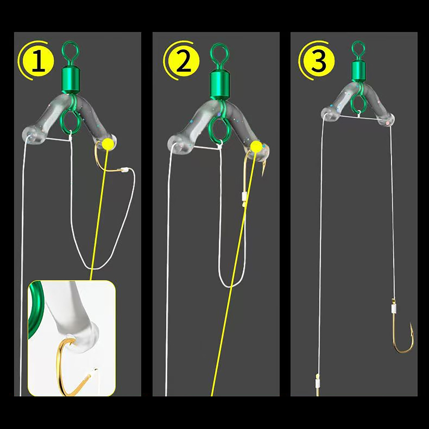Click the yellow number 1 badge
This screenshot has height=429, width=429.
39,61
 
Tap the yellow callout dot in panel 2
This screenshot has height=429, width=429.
257,146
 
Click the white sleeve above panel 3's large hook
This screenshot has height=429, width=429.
393,309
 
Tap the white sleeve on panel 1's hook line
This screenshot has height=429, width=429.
124,169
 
